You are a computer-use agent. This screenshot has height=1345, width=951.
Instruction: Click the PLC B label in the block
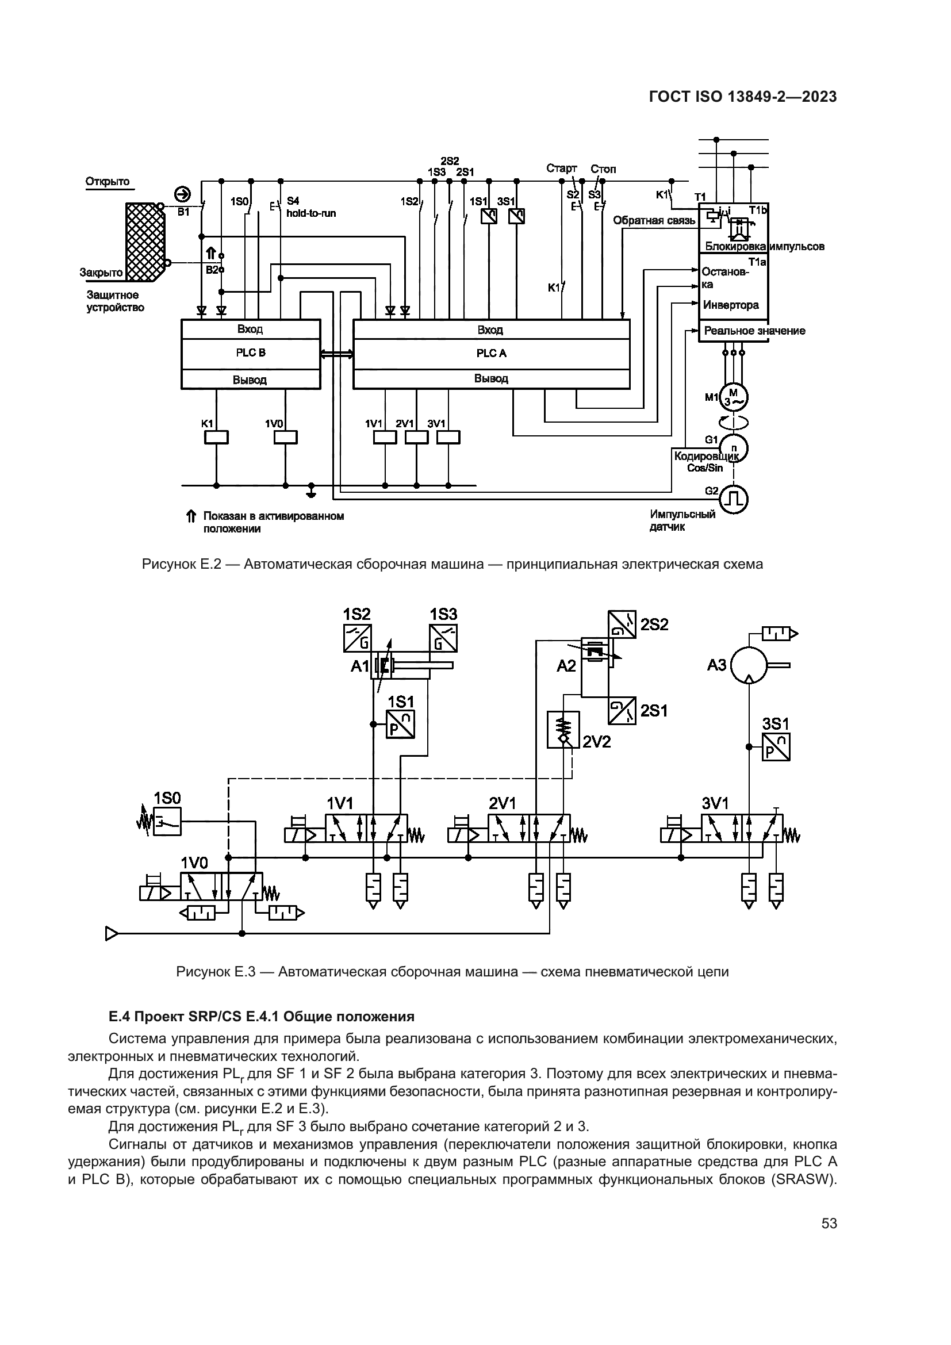pos(251,352)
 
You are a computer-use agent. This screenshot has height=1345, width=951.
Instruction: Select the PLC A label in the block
pos(490,353)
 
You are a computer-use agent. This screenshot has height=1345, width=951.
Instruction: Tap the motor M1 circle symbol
pos(733,397)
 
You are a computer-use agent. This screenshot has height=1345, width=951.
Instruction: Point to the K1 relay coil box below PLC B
pos(216,437)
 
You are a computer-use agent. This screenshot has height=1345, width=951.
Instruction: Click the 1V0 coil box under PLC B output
pos(285,437)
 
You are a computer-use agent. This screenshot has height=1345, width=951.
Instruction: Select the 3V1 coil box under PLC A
pos(448,437)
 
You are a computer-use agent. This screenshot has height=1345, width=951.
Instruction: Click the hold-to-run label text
pos(311,213)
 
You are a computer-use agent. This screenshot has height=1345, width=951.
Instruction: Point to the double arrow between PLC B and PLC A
pos(337,353)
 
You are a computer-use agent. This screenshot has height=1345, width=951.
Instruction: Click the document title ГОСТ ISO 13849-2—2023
pos(742,97)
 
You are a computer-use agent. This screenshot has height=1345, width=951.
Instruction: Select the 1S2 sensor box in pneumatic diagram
pos(357,638)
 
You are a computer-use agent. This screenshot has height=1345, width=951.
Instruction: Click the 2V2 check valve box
pos(563,729)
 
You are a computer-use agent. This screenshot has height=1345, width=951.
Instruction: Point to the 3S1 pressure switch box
pos(776,747)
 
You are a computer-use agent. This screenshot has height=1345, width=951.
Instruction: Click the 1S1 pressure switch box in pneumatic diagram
pos(401,724)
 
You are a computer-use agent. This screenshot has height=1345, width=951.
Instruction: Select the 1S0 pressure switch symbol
pos(166,821)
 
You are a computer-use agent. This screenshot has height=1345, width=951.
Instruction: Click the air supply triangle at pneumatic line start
pos(112,933)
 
